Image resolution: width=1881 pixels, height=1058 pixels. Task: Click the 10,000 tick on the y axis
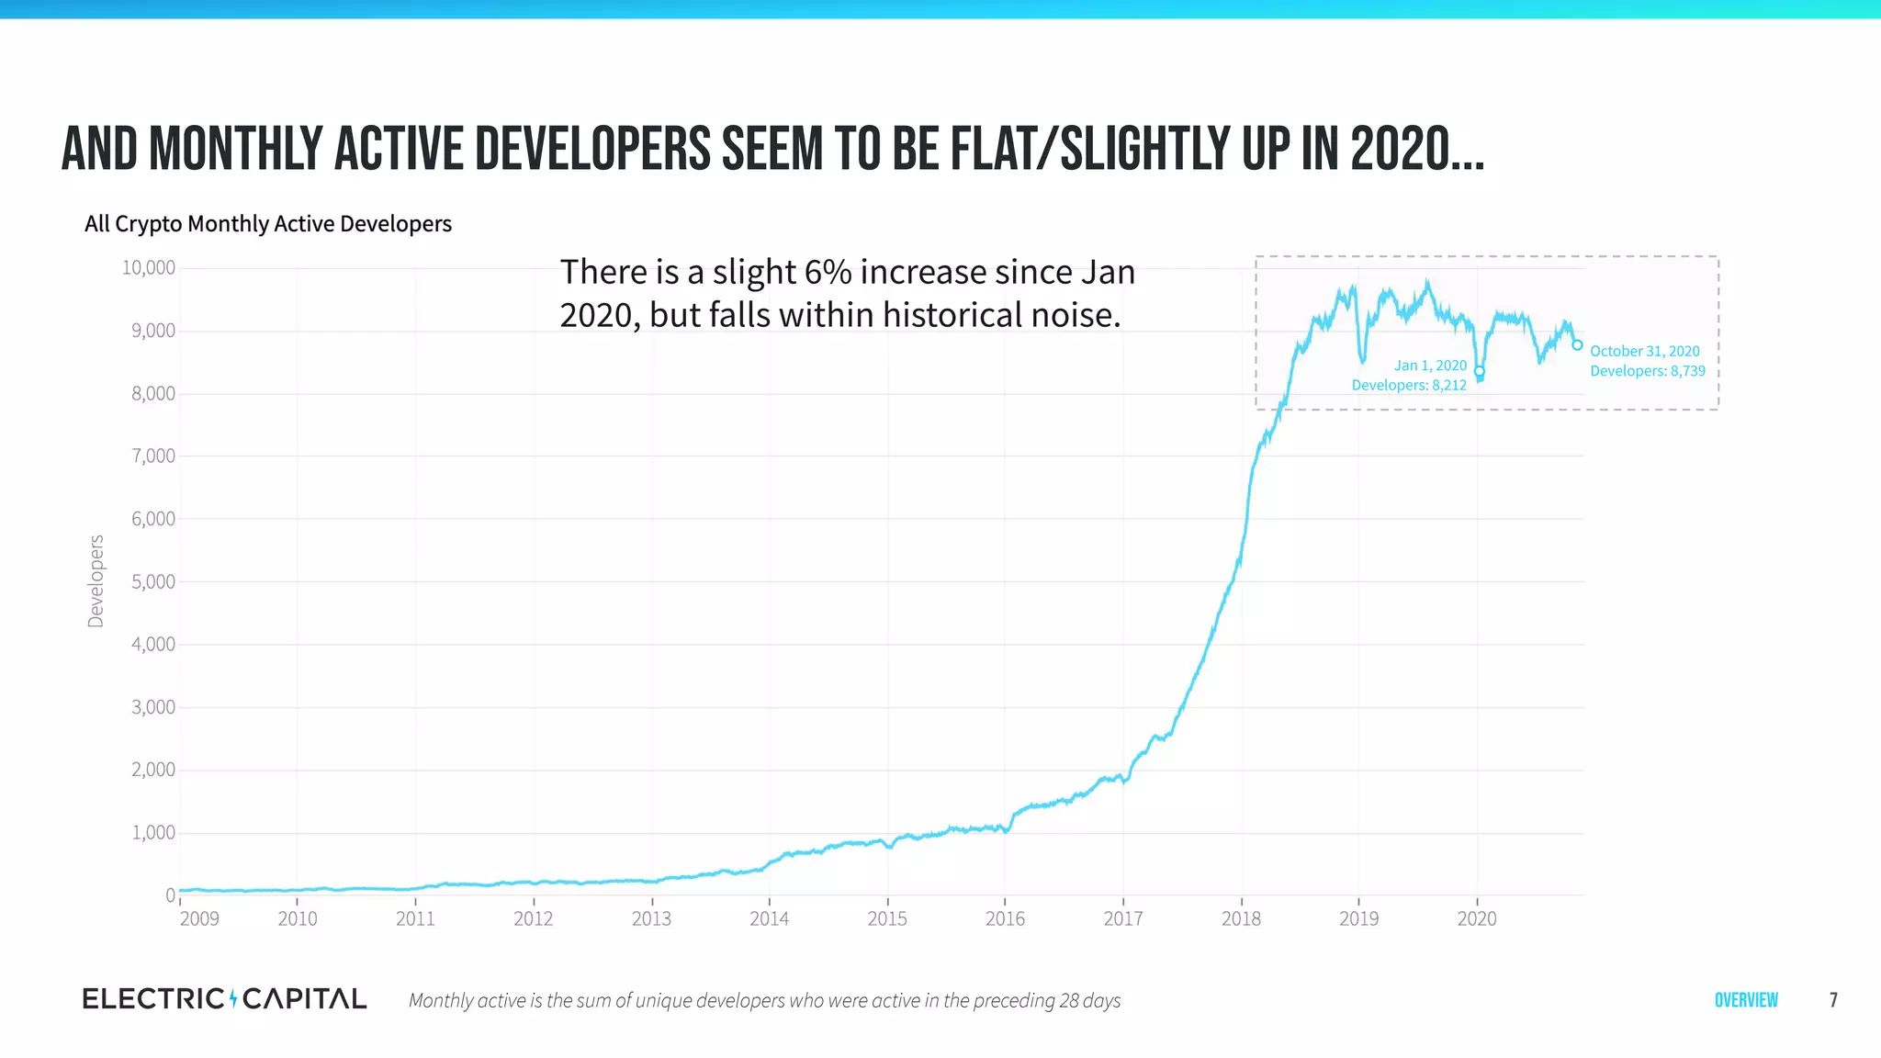click(x=149, y=268)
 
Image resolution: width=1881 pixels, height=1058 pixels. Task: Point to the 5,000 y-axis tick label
click(x=152, y=582)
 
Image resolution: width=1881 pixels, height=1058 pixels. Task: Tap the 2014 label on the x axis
click(x=769, y=919)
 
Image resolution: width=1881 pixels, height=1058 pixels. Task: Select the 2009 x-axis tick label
click(x=199, y=919)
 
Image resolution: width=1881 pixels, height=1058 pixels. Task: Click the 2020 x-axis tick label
click(x=1477, y=919)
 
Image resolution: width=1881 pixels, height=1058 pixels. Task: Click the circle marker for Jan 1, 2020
click(x=1480, y=371)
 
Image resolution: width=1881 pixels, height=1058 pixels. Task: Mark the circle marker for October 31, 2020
click(x=1577, y=345)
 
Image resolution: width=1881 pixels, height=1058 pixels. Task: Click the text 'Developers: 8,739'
click(x=1648, y=371)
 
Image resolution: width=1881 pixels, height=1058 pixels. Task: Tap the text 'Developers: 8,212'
click(x=1409, y=386)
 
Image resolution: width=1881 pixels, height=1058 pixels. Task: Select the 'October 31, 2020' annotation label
click(x=1645, y=351)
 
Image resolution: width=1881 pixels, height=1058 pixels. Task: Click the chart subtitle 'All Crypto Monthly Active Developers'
click(x=268, y=224)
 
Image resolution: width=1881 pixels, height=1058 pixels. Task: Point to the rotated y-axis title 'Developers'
click(x=96, y=581)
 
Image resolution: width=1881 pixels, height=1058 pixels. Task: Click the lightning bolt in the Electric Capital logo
click(x=233, y=998)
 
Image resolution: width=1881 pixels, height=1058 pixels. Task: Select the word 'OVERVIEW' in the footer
click(x=1746, y=1000)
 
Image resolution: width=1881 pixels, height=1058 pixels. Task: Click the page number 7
click(x=1833, y=1000)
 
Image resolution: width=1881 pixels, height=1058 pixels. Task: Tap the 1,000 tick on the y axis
click(x=152, y=833)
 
